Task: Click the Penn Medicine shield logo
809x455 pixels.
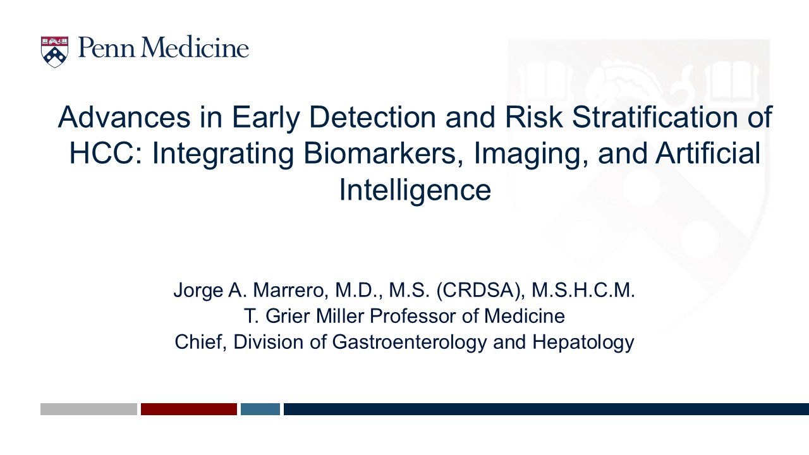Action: pos(54,52)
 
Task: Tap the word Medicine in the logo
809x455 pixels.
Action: pos(195,47)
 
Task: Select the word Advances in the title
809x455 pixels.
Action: pos(124,117)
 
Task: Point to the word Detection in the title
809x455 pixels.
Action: pos(372,117)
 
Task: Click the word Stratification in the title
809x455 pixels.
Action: pos(655,117)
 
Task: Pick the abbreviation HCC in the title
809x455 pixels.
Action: pos(106,153)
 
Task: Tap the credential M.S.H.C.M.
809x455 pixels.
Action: pos(583,290)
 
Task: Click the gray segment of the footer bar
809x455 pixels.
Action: pos(89,409)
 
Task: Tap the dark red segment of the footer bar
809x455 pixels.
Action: pos(189,409)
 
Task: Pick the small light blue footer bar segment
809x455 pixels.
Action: pos(260,409)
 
